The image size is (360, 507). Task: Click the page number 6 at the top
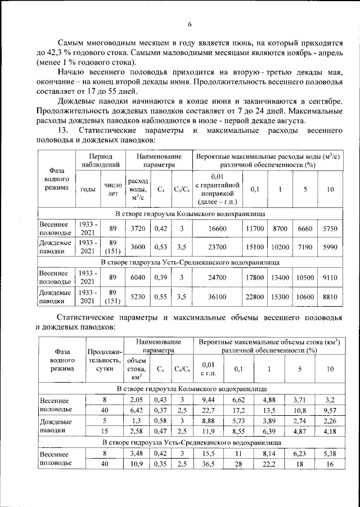click(x=190, y=24)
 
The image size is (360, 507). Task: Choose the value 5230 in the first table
click(x=138, y=297)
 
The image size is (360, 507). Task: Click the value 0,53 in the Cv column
click(x=161, y=247)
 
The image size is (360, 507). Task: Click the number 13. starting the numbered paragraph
click(x=65, y=131)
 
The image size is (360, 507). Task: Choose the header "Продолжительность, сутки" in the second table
click(x=102, y=361)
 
